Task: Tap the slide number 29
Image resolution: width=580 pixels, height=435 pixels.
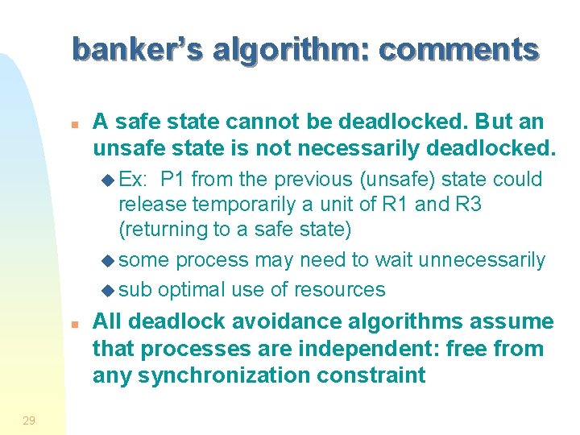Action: (x=29, y=419)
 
